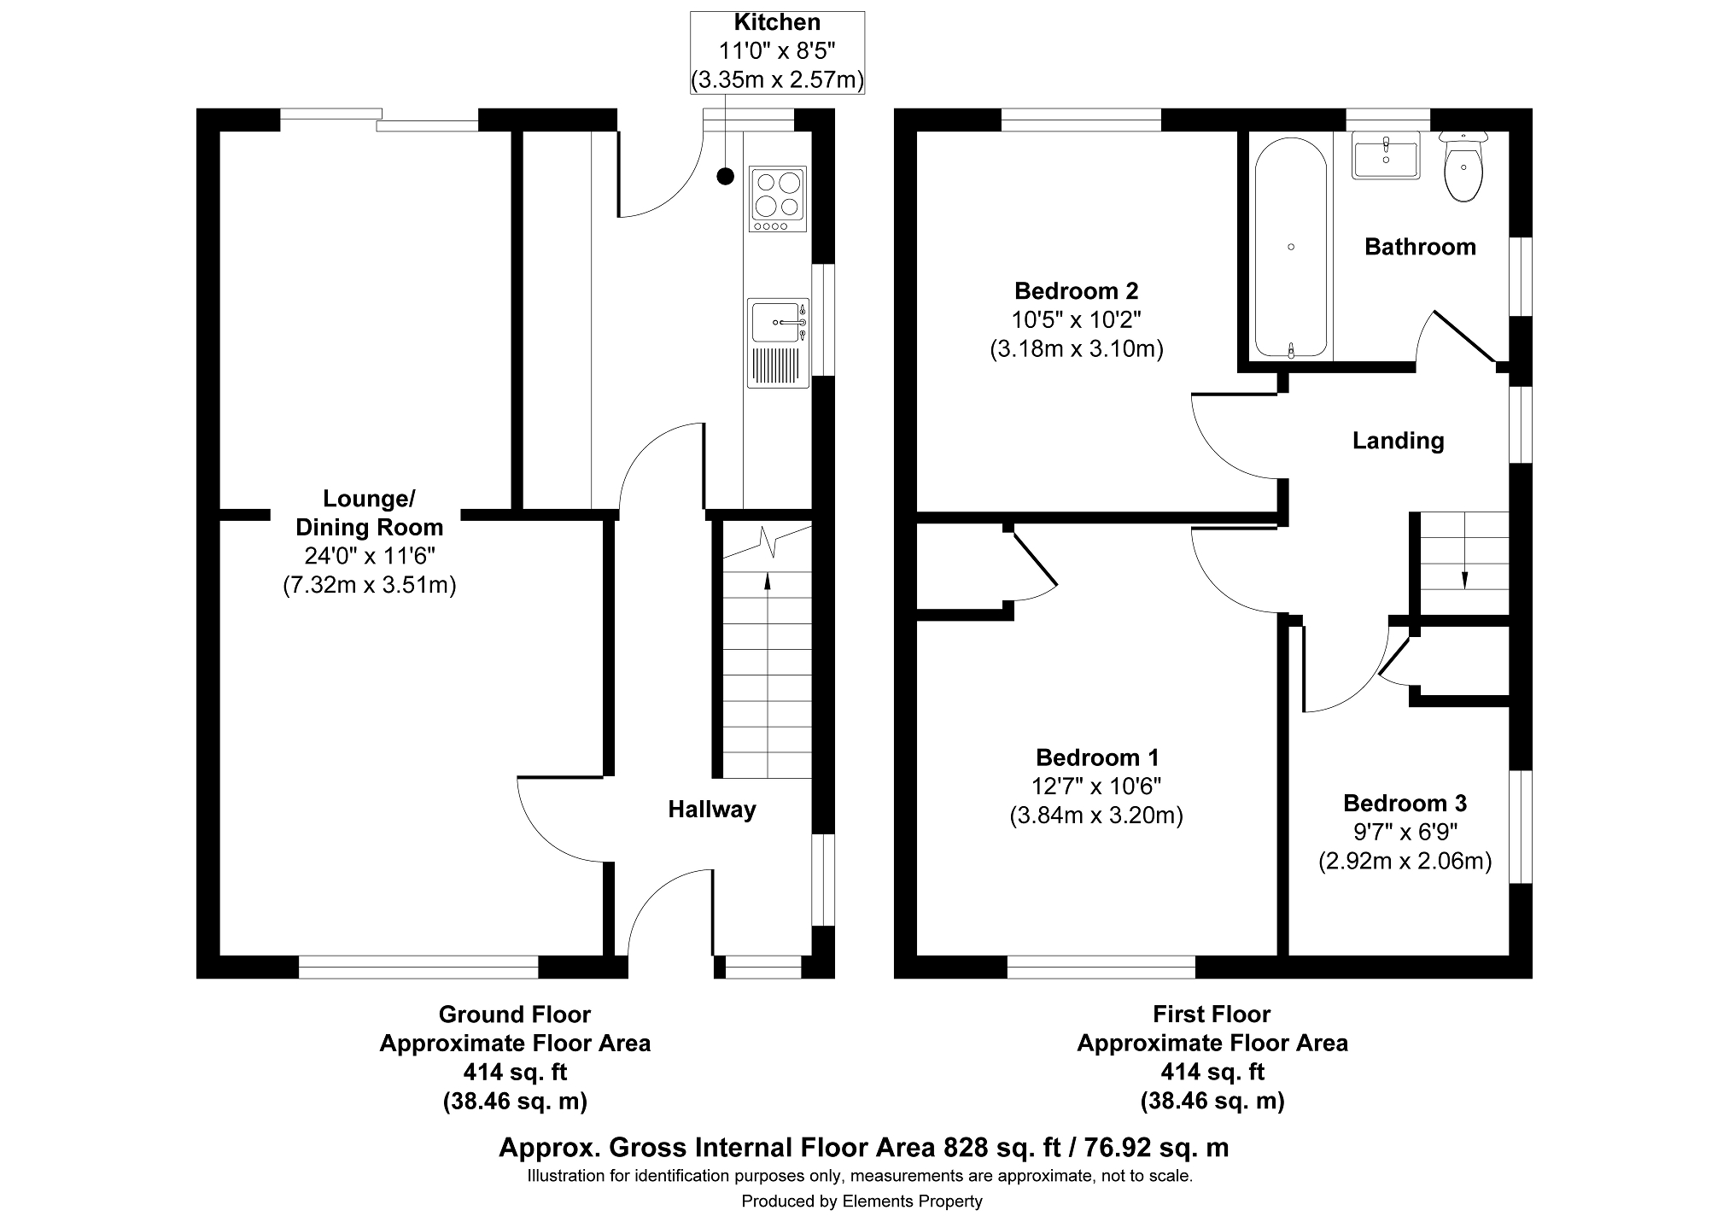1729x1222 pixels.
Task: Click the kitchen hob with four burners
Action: [x=778, y=198]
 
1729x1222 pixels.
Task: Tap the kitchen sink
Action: [x=777, y=323]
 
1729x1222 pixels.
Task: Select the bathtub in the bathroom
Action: [x=1290, y=247]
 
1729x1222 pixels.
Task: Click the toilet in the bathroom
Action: [x=1463, y=169]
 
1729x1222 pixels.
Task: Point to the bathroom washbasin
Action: [x=1386, y=155]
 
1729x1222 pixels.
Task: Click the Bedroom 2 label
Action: [x=1076, y=291]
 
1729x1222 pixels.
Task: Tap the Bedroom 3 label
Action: [x=1405, y=803]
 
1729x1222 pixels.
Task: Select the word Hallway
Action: [x=711, y=810]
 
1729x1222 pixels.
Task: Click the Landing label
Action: [x=1398, y=441]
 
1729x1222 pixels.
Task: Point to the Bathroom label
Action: [x=1420, y=247]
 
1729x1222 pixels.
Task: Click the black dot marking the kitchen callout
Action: [x=725, y=177]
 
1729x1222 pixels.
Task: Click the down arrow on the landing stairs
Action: [x=1464, y=578]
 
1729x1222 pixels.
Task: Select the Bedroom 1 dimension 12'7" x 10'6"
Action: [x=1096, y=786]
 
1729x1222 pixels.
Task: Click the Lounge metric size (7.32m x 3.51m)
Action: [x=369, y=585]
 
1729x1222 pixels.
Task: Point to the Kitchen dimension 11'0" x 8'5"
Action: [x=777, y=51]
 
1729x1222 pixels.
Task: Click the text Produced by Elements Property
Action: [x=862, y=1202]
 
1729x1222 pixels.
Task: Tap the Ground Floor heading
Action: [x=514, y=1014]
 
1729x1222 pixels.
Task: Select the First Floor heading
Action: [x=1212, y=1014]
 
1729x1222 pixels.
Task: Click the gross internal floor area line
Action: [x=863, y=1148]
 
